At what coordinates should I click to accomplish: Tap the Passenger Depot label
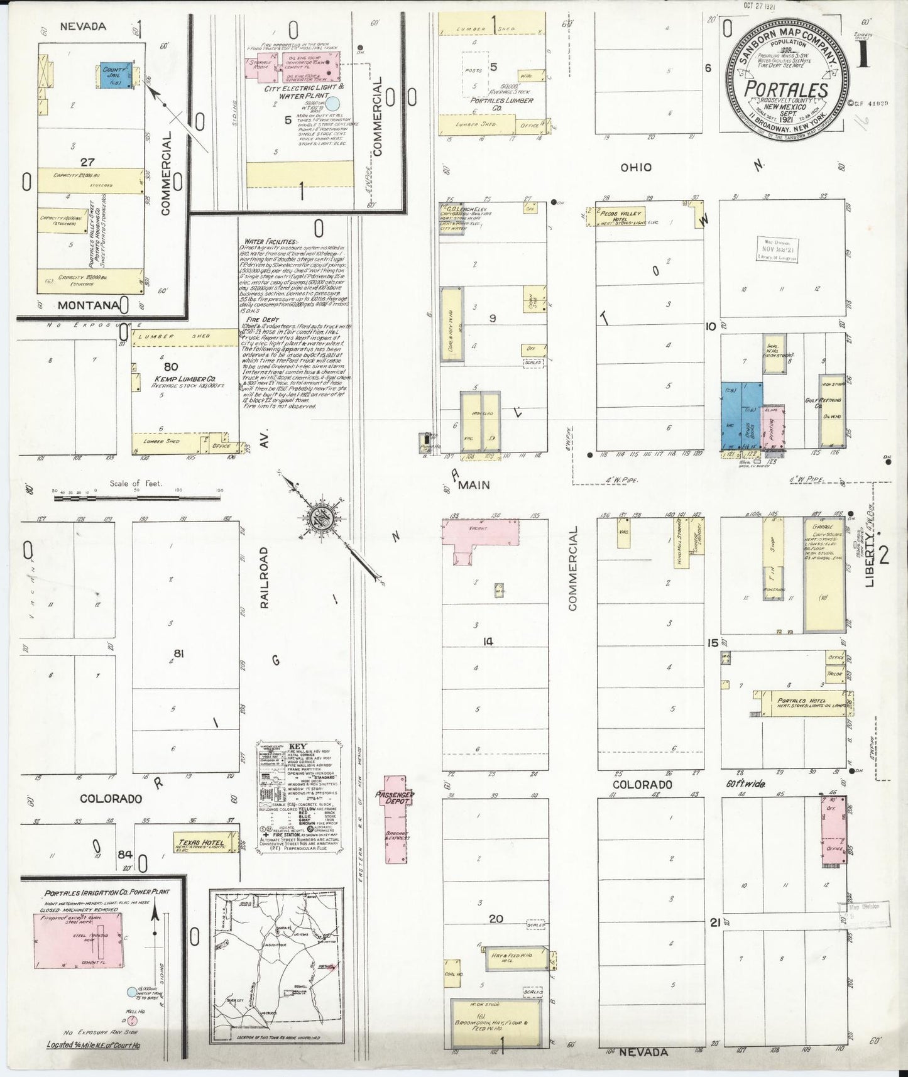(395, 798)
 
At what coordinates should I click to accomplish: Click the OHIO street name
(636, 167)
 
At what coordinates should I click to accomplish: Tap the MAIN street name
(474, 485)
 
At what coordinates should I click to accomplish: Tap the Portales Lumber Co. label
(502, 104)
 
